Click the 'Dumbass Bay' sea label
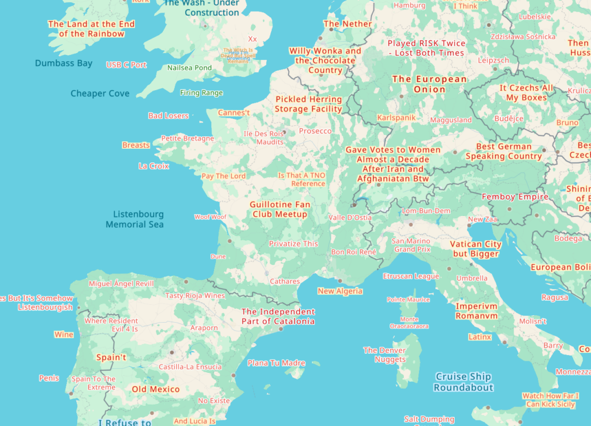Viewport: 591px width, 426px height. click(63, 63)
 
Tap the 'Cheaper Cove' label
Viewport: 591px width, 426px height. click(100, 94)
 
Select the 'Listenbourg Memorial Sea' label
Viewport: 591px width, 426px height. click(135, 219)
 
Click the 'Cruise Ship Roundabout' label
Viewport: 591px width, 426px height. click(463, 382)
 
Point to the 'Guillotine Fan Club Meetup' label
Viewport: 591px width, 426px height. click(280, 210)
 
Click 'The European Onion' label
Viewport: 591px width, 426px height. click(429, 84)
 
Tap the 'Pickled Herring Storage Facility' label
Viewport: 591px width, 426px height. click(308, 104)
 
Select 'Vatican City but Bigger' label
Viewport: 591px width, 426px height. click(476, 249)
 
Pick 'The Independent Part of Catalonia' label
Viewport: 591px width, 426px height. click(278, 316)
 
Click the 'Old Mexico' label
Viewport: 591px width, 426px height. click(156, 389)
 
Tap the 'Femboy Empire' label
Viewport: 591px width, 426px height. click(515, 197)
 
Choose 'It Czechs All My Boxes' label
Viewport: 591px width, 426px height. click(526, 93)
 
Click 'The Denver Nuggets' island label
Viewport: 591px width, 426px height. click(385, 355)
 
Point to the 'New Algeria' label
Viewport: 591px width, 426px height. click(340, 291)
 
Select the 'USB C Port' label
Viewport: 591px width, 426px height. click(126, 65)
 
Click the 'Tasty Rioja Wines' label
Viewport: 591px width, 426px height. click(195, 296)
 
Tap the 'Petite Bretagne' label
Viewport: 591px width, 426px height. click(187, 139)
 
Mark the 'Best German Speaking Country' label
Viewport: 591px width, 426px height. click(504, 151)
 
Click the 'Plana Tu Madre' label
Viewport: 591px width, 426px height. click(276, 363)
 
